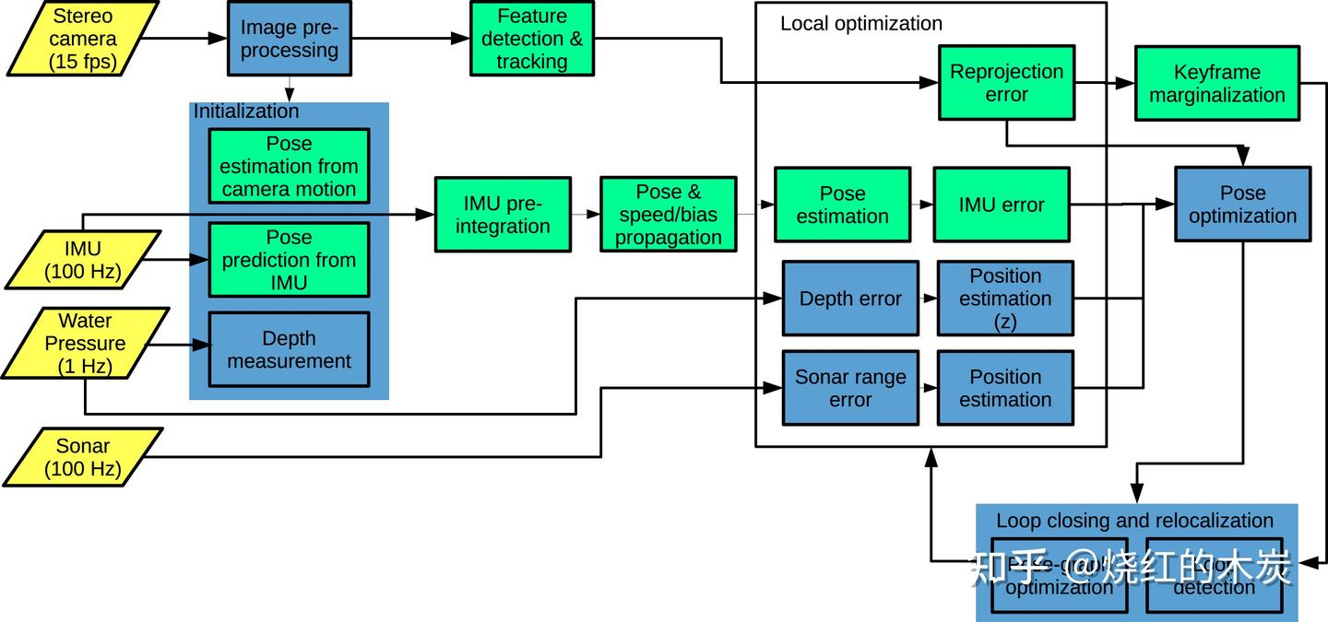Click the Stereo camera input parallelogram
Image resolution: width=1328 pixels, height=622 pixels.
coord(84,39)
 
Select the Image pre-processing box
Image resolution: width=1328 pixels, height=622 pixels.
coord(289,39)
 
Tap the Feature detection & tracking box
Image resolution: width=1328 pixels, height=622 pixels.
coord(531,39)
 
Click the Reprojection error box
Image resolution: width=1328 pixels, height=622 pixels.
coord(1006,83)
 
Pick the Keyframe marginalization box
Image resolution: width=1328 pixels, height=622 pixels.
coord(1216,83)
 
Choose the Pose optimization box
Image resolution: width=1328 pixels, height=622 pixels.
coord(1242,204)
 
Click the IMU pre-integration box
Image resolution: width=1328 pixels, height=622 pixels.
coord(503,215)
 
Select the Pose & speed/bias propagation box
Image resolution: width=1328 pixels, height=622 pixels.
coord(669,215)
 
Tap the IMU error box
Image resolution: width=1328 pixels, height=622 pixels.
coord(1002,205)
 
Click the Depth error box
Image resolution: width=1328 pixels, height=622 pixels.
coord(850,299)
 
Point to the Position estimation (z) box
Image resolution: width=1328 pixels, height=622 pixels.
coord(1005,299)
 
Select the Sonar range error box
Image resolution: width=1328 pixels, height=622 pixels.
coord(850,388)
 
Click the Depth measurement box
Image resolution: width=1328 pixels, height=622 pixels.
coord(289,349)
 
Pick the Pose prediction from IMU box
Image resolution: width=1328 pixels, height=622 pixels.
coord(289,260)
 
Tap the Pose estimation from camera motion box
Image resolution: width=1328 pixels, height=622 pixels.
coord(289,167)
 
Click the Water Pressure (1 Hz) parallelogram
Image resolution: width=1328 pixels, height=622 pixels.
coord(86,343)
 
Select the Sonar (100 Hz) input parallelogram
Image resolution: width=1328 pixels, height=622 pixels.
coord(83,457)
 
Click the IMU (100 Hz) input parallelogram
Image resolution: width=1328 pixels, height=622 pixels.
coord(83,260)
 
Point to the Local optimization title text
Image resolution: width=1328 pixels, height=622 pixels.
coord(861,24)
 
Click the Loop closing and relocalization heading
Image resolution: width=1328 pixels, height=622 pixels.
coord(1134,521)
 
